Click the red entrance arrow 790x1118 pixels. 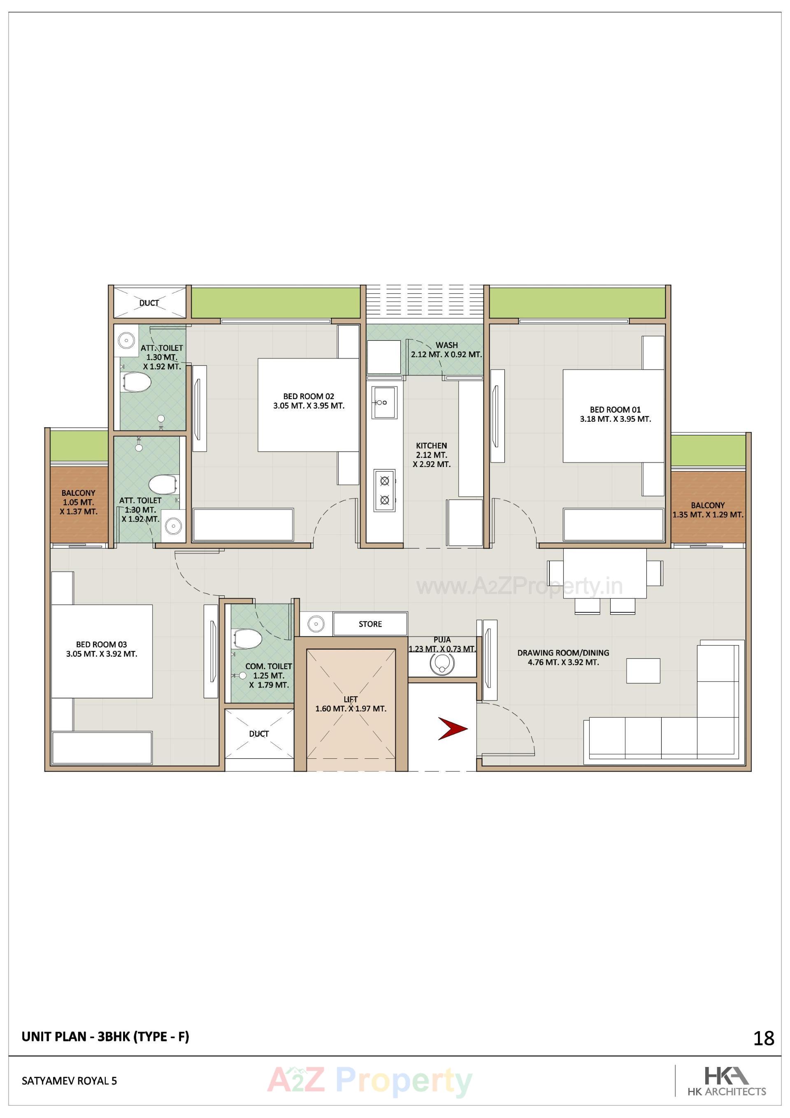tap(453, 728)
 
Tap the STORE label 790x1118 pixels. tap(370, 624)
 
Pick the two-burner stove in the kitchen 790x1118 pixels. tap(384, 490)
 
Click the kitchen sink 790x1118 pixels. tap(384, 402)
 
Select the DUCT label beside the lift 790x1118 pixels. tap(259, 733)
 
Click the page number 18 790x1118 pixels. tap(763, 1039)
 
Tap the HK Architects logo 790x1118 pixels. tap(726, 1081)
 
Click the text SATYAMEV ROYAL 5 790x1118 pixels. tap(69, 1081)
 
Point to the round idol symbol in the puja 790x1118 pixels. tap(442, 663)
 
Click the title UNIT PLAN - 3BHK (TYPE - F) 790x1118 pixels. tap(105, 1037)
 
